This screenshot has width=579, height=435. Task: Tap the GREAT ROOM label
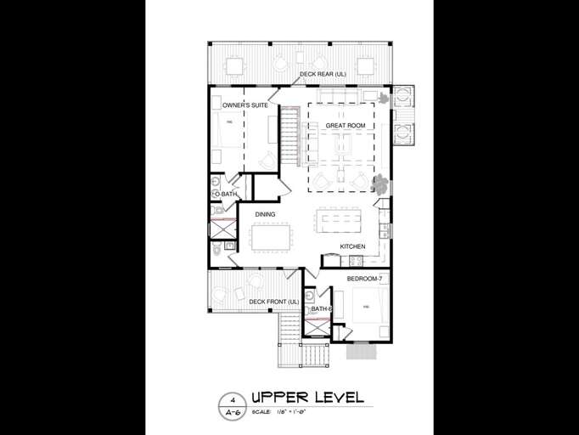pyautogui.click(x=346, y=126)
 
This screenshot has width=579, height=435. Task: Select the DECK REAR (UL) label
pyautogui.click(x=323, y=75)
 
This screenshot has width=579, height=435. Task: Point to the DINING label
pyautogui.click(x=264, y=214)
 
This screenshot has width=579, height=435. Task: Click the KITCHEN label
pyautogui.click(x=352, y=246)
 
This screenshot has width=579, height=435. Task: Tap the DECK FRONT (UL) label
pyautogui.click(x=273, y=302)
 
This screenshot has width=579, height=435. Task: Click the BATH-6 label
pyautogui.click(x=321, y=309)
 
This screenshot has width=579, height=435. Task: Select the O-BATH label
pyautogui.click(x=225, y=195)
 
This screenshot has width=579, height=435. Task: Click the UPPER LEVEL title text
pyautogui.click(x=307, y=398)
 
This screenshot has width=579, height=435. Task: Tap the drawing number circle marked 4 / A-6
pyautogui.click(x=229, y=405)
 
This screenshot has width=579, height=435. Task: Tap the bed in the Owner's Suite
pyautogui.click(x=227, y=133)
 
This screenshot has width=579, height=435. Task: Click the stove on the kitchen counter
pyautogui.click(x=385, y=229)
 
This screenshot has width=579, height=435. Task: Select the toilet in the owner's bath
pyautogui.click(x=217, y=249)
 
